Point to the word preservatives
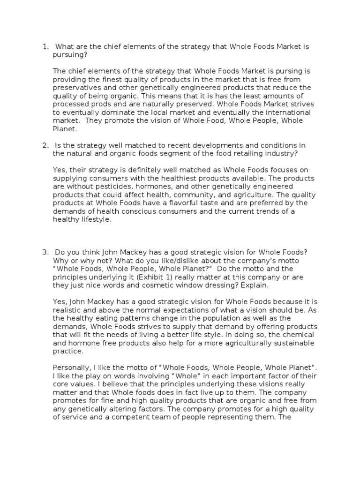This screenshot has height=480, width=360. point(78,87)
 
